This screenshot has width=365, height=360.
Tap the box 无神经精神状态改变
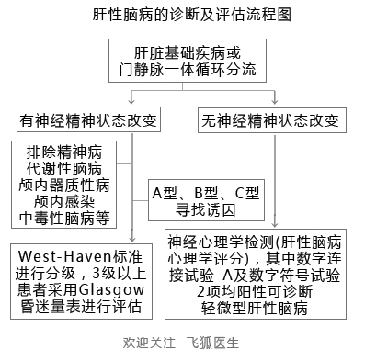(269, 119)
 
